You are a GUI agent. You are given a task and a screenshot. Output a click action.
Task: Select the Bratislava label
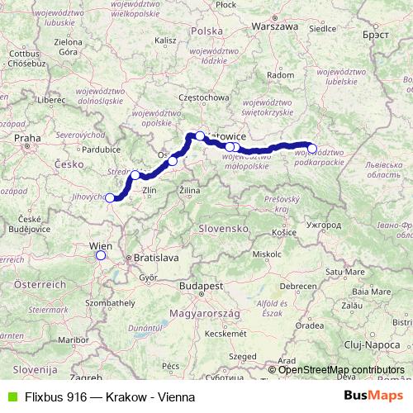[156, 258]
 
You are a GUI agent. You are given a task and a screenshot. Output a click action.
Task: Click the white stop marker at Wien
[101, 255]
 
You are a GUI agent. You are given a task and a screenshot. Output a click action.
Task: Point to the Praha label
[27, 138]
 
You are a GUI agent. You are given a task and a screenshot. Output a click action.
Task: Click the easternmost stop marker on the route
[311, 149]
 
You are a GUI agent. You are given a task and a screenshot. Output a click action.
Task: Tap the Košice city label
[284, 233]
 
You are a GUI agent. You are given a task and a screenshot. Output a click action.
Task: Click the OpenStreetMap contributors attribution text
[341, 369]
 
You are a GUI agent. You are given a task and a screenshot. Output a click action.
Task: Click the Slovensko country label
[224, 227]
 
